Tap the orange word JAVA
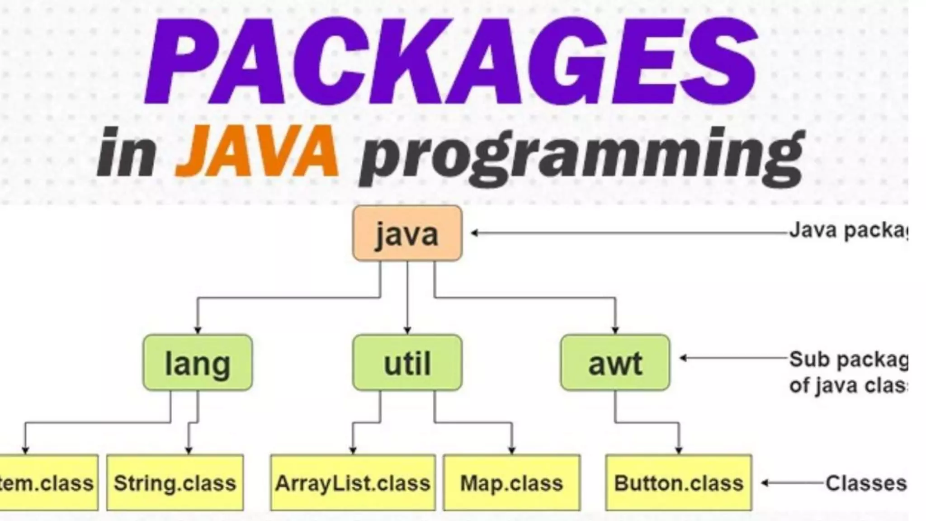point(257,152)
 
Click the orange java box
point(407,233)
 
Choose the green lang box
point(198,363)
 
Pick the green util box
point(407,363)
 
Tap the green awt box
point(615,363)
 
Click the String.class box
point(175,483)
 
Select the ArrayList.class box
point(353,483)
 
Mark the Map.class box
point(511,483)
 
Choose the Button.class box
point(678,483)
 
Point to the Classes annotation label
point(866,483)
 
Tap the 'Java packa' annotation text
point(848,231)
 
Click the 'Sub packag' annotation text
point(848,360)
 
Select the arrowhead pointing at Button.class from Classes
point(764,483)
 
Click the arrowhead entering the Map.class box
point(512,450)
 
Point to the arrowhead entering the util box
point(407,331)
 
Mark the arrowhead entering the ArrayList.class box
point(353,450)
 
